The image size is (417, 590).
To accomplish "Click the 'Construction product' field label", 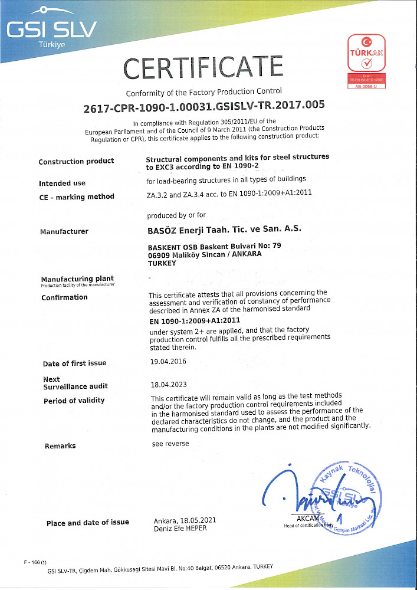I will pyautogui.click(x=76, y=162).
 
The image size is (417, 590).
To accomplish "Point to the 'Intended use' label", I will pyautogui.click(x=62, y=183).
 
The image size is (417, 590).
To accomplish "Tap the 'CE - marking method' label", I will pyautogui.click(x=76, y=197).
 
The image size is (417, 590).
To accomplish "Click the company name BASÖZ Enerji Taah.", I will pyautogui.click(x=224, y=229).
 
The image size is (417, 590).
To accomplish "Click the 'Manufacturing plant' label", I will pyautogui.click(x=77, y=278).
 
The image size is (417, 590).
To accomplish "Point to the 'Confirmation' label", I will pyautogui.click(x=64, y=297).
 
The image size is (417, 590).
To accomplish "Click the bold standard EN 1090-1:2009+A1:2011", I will pyautogui.click(x=195, y=322).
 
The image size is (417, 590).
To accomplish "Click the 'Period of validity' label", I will pyautogui.click(x=74, y=401).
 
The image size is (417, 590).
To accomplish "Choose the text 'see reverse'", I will pyautogui.click(x=170, y=444).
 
